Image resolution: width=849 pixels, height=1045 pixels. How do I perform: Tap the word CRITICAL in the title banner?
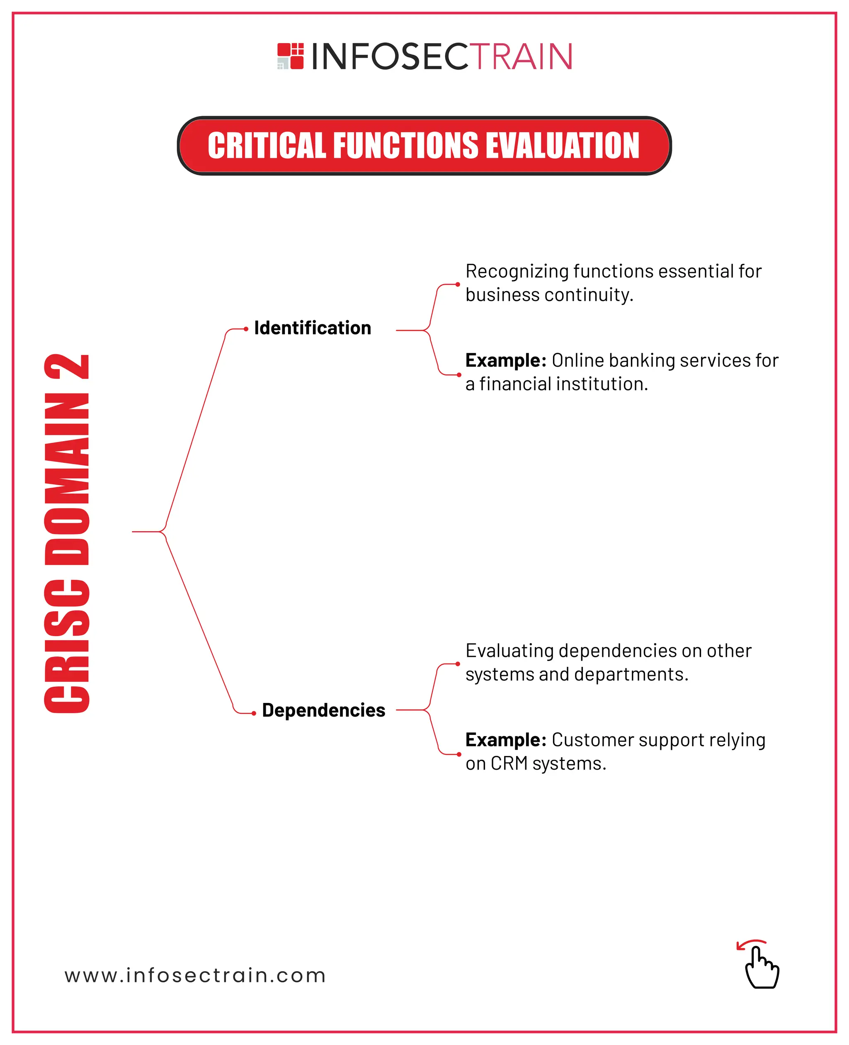[x=267, y=146]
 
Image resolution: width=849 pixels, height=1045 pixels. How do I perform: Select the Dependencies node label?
[x=323, y=710]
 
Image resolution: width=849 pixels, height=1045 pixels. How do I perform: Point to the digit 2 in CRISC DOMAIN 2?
[x=67, y=367]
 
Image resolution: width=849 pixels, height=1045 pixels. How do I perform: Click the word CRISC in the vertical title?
[x=67, y=646]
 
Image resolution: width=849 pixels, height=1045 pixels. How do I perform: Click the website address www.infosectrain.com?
[x=195, y=975]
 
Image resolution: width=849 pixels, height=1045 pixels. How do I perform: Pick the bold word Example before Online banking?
[x=505, y=360]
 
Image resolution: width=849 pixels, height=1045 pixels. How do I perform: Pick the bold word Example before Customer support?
[x=505, y=740]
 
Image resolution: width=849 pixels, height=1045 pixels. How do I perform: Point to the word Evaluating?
[x=509, y=651]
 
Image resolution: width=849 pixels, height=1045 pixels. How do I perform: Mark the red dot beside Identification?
[x=246, y=329]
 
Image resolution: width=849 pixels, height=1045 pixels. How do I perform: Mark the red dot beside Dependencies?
[x=254, y=713]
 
